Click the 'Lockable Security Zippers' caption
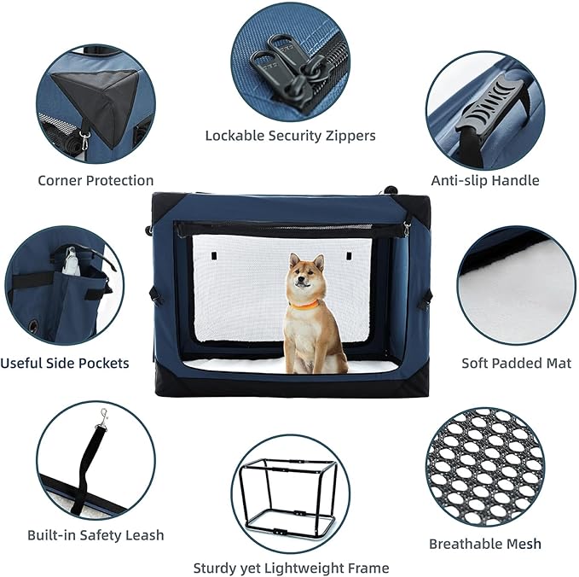pyautogui.click(x=290, y=136)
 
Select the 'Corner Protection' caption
pyautogui.click(x=96, y=181)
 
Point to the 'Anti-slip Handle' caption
pyautogui.click(x=485, y=181)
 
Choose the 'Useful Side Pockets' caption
pyautogui.click(x=65, y=364)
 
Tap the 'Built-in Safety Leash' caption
pyautogui.click(x=96, y=536)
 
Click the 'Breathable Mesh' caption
pyautogui.click(x=485, y=544)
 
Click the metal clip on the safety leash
pyautogui.click(x=103, y=416)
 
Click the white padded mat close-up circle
pyautogui.click(x=516, y=285)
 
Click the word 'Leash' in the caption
pyautogui.click(x=144, y=536)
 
